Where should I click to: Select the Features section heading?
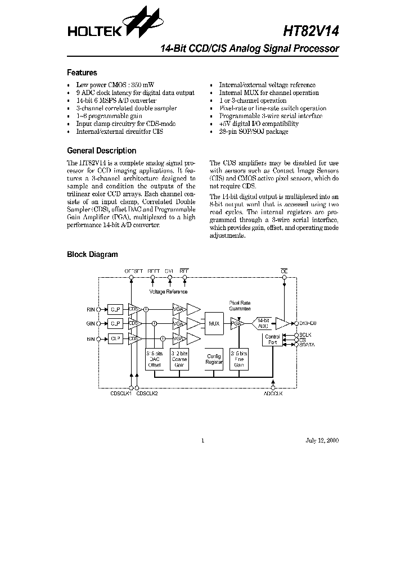82,73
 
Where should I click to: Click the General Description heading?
102,151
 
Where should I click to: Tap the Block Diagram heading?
93,254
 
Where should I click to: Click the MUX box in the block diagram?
214,324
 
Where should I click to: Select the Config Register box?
214,359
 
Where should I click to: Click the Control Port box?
272,340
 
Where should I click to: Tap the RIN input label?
91,309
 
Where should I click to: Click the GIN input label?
91,324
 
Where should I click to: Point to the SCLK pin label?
305,335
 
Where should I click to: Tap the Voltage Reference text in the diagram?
168,292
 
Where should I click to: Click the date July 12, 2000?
323,441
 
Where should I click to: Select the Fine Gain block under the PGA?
238,359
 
